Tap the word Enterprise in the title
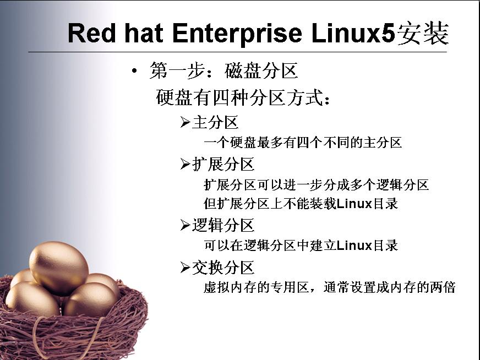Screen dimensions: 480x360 pos(237,34)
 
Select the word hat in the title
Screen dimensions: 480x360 pos(144,33)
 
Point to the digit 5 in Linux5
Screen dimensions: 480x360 pos(389,33)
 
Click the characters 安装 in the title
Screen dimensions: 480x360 pos(423,33)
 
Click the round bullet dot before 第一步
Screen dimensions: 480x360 pos(134,71)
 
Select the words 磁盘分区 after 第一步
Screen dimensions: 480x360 pos(261,70)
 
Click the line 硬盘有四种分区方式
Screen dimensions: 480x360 pos(243,97)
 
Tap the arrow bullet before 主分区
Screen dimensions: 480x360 pos(185,122)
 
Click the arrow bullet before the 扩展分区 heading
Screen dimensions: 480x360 pos(185,164)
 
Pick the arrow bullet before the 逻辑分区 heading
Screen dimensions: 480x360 pos(185,225)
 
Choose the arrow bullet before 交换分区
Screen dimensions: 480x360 pos(185,267)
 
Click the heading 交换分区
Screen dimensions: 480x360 pos(223,268)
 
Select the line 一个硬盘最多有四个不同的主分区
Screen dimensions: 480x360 pos(303,143)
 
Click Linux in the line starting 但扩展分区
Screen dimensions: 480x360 pos(354,203)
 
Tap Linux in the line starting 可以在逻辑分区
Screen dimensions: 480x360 pos(354,245)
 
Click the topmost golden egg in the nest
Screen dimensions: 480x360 pos(59,268)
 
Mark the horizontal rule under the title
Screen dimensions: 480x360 pos(238,52)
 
